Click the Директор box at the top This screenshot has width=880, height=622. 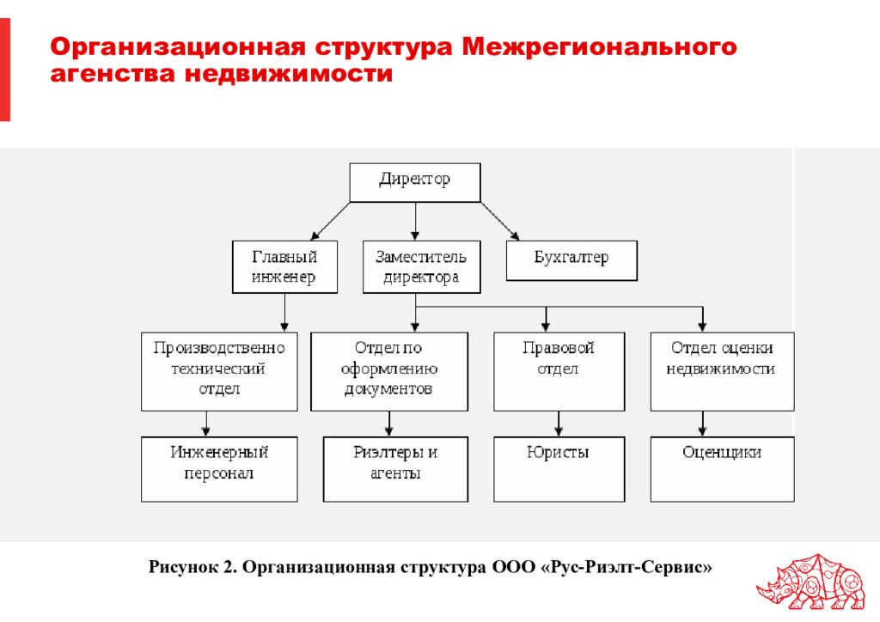415,182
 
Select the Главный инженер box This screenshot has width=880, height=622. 284,267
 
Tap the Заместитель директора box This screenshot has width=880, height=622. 421,267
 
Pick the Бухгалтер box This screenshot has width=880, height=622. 571,261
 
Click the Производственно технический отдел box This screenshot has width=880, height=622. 219,371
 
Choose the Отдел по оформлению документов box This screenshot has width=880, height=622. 389,371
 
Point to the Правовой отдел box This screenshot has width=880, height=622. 559,371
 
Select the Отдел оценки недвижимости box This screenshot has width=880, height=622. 722,371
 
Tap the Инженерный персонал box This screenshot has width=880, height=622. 219,469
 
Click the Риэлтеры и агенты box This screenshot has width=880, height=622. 395,469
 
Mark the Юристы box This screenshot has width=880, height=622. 559,469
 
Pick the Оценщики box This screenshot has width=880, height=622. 722,469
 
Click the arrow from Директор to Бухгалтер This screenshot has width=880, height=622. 499,222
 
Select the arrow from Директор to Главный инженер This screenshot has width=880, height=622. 330,222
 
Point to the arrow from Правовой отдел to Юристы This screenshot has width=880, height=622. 559,424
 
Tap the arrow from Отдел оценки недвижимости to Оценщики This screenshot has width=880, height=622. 702,424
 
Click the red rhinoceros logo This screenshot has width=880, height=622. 811,582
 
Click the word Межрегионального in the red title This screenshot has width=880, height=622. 599,46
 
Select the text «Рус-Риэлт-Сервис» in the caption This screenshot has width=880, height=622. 626,567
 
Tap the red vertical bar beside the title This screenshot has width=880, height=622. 5,69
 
